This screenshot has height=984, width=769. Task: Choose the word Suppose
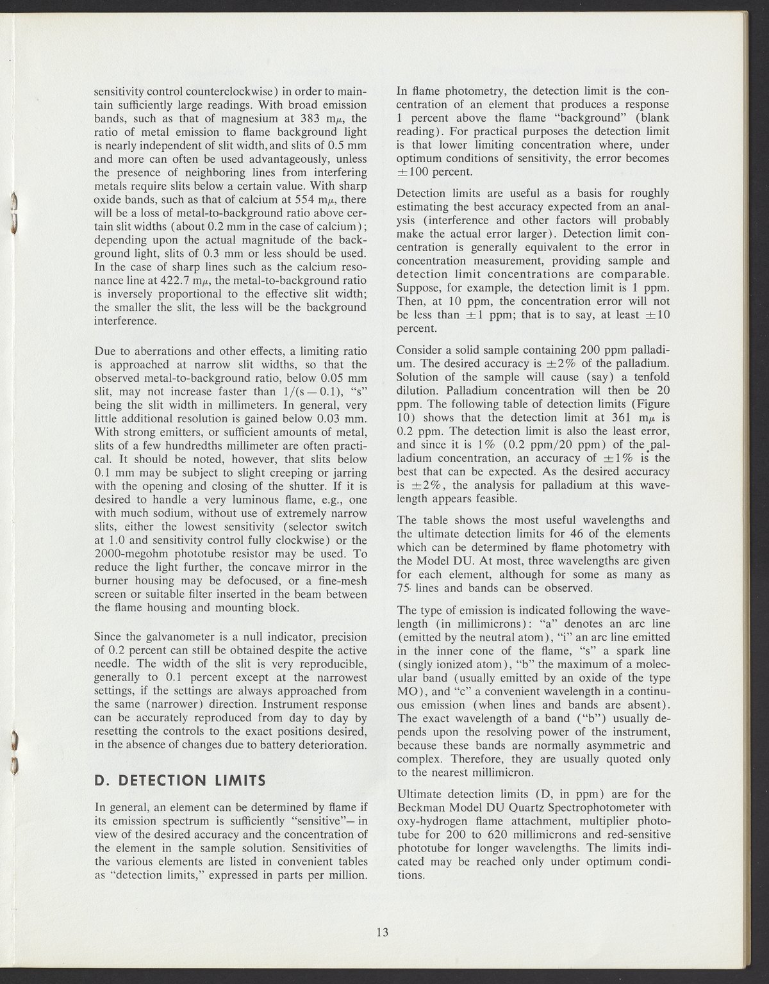(419, 288)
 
